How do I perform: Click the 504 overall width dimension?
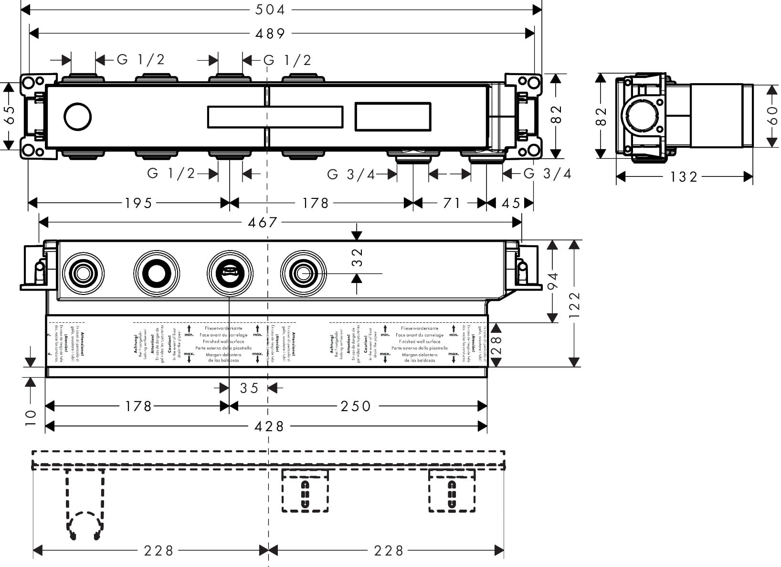[x=270, y=9]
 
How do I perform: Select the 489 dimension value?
[x=270, y=33]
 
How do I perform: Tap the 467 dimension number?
[x=263, y=222]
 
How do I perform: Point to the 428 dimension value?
[x=269, y=426]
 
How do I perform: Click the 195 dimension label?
[x=138, y=203]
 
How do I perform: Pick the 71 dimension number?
[x=451, y=203]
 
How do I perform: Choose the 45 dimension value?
[x=510, y=203]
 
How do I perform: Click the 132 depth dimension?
[x=683, y=177]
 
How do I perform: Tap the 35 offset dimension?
[x=249, y=388]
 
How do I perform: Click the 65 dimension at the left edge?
[x=9, y=115]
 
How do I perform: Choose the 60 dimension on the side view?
[x=772, y=116]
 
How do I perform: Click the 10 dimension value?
[x=30, y=417]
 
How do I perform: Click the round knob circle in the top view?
[x=78, y=117]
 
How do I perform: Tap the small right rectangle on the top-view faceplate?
[x=392, y=117]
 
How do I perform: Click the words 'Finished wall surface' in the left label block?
[x=224, y=342]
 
